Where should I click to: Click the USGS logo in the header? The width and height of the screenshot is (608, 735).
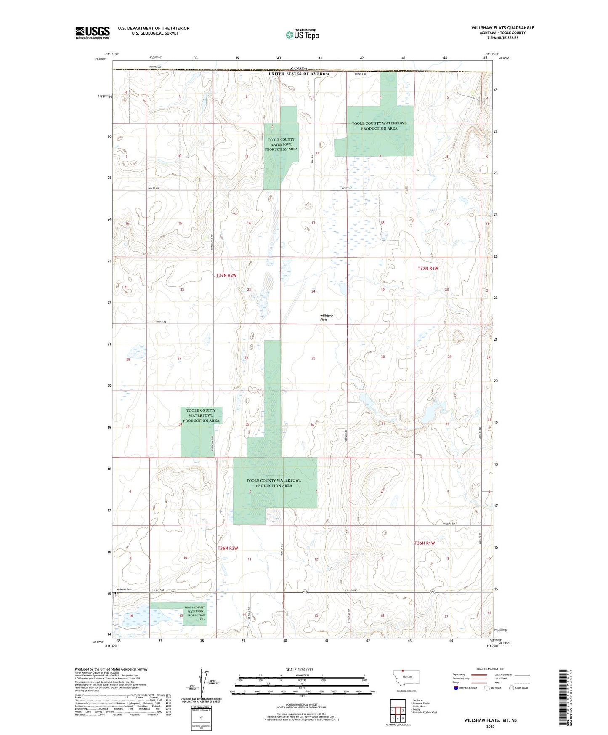tap(92, 32)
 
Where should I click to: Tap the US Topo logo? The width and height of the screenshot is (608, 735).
tap(302, 35)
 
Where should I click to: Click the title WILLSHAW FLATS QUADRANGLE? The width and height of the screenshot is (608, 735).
tap(502, 28)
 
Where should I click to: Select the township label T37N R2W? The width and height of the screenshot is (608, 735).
tap(226, 275)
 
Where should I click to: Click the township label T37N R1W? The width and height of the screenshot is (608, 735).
tap(427, 268)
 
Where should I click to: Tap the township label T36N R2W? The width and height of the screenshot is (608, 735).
tap(228, 548)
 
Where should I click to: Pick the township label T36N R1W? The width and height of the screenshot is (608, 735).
tap(425, 543)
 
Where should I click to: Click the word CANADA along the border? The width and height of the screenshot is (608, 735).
tap(299, 69)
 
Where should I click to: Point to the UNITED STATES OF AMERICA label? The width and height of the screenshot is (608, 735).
tap(299, 74)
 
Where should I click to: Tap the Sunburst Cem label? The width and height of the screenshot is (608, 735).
tap(124, 589)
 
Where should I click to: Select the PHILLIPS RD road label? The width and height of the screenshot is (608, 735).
tap(449, 523)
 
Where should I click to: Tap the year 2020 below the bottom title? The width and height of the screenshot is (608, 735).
tap(490, 726)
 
